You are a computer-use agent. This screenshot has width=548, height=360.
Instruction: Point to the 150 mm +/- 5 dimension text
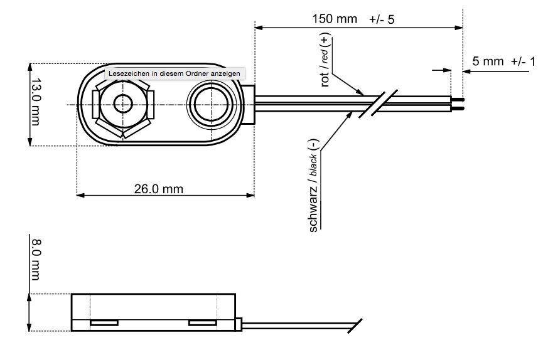coord(353,19)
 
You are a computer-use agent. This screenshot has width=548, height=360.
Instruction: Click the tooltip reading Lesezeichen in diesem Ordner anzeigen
coord(173,73)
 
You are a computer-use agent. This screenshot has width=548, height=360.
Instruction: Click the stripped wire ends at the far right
coord(458,104)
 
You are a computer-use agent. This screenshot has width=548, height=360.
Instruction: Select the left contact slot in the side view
coord(104,323)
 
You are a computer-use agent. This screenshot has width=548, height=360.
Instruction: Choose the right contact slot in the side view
coord(203,323)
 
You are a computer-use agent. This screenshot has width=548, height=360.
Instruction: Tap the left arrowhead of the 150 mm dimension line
coord(259,28)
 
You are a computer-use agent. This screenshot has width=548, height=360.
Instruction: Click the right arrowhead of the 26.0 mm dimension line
coord(250,195)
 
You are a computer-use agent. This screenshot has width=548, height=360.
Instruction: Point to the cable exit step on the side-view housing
coord(240,325)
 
